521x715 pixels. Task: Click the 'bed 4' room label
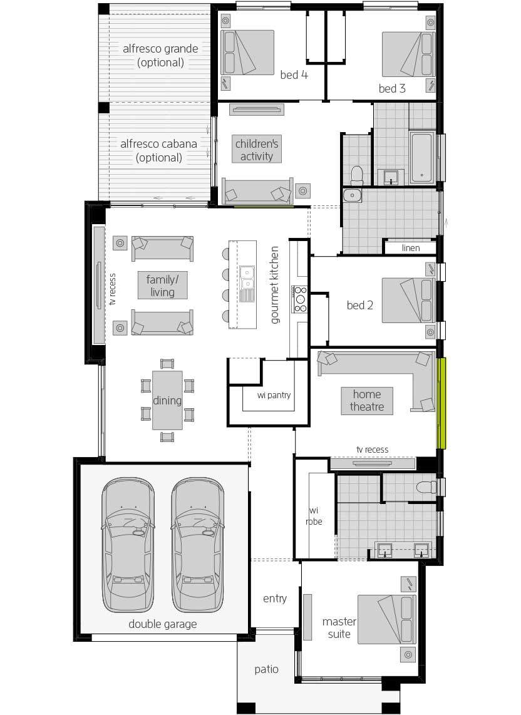tap(294, 75)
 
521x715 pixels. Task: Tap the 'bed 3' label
tap(392, 88)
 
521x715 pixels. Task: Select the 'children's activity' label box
tap(256, 150)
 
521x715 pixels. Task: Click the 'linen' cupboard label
tap(411, 248)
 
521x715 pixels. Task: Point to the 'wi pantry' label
tap(274, 395)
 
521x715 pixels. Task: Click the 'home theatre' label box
tap(367, 401)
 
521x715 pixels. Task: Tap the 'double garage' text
tap(162, 624)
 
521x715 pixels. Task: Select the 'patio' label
tap(266, 669)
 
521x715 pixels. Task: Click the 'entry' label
tap(275, 599)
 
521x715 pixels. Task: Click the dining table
tap(167, 400)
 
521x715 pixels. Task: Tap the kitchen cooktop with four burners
tap(300, 299)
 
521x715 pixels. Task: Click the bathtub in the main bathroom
tap(421, 157)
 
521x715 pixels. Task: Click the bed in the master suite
tap(387, 619)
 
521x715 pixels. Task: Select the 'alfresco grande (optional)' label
tap(160, 56)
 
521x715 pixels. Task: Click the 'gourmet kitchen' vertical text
tap(274, 285)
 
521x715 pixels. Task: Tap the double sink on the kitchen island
tap(247, 278)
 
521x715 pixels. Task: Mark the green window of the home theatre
tap(441, 403)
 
